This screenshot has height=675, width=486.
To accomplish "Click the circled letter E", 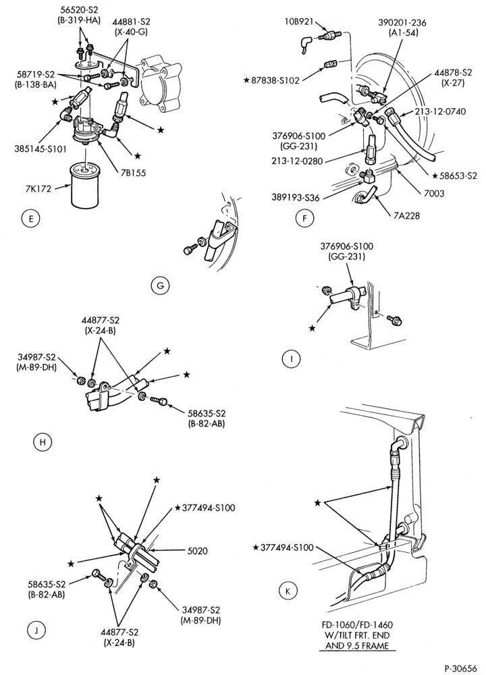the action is (x=30, y=219).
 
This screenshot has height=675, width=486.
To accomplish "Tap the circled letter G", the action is (x=161, y=286).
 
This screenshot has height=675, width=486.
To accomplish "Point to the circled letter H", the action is (x=42, y=442).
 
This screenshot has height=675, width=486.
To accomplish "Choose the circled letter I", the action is (x=292, y=359).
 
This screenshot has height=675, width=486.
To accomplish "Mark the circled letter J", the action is (x=36, y=630).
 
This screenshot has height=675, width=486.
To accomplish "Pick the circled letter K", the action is (x=288, y=591).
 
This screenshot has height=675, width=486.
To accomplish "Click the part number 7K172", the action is (x=38, y=188).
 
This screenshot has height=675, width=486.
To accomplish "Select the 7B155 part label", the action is (x=133, y=173).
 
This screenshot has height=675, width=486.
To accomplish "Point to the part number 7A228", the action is (x=407, y=216).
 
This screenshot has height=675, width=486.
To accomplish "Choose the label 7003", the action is (x=434, y=193).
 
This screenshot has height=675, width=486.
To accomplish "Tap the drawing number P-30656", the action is (x=461, y=668).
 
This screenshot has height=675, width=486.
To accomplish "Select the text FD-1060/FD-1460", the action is (x=357, y=624).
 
